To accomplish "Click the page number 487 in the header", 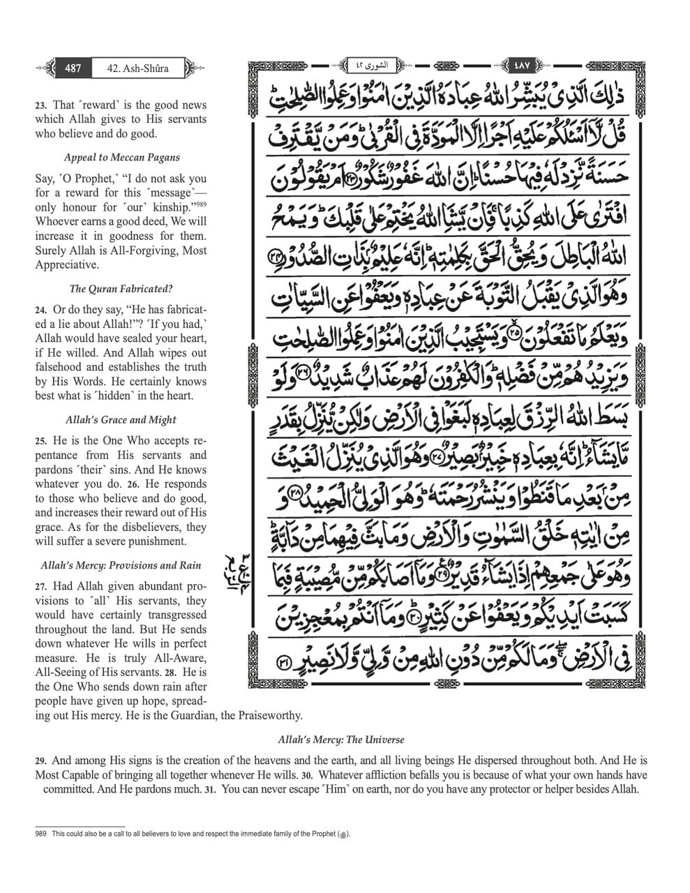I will pyautogui.click(x=73, y=68).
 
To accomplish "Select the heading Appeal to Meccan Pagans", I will pyautogui.click(x=121, y=158).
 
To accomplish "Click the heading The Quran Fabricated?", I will pyautogui.click(x=121, y=289).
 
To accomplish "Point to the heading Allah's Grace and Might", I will pyautogui.click(x=121, y=420).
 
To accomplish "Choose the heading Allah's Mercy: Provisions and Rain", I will pyautogui.click(x=121, y=566).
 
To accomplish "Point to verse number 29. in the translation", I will pyautogui.click(x=41, y=761).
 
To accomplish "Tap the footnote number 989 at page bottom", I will pyautogui.click(x=41, y=834).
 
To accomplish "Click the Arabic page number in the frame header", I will pyautogui.click(x=521, y=66).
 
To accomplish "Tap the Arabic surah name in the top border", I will pyautogui.click(x=380, y=66).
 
